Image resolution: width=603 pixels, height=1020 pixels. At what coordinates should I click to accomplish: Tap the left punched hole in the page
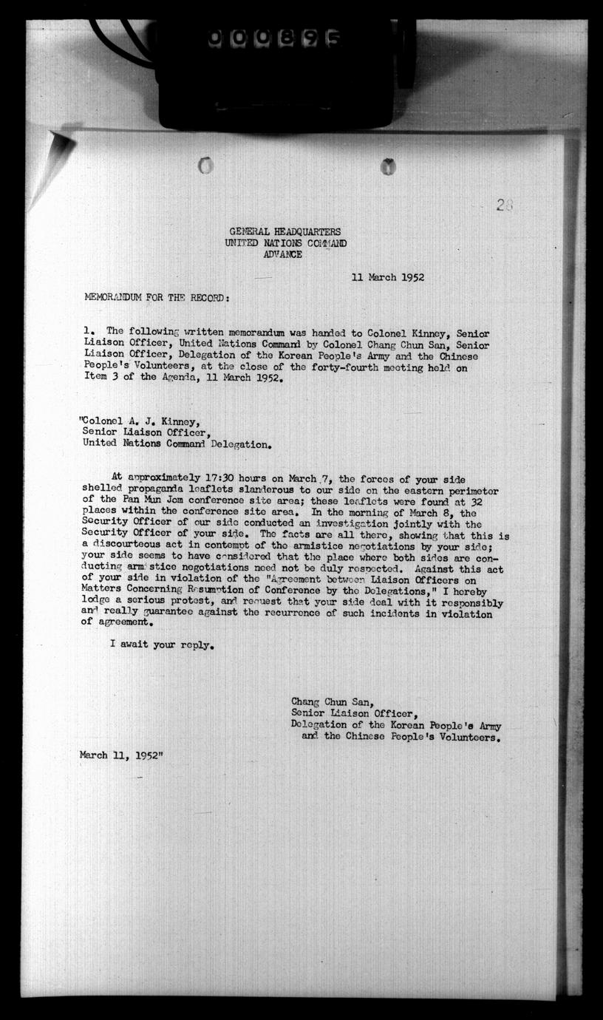pyautogui.click(x=206, y=166)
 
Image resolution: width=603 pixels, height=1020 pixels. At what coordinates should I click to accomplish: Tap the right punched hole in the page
pyautogui.click(x=388, y=167)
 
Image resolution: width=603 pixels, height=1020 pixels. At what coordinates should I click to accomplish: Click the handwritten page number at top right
pyautogui.click(x=505, y=206)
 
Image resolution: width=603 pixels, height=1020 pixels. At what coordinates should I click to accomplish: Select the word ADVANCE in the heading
pyautogui.click(x=282, y=254)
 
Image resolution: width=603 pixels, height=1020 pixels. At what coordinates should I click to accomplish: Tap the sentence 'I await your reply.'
pyautogui.click(x=162, y=645)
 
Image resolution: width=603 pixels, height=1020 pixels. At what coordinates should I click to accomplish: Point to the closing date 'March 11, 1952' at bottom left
pyautogui.click(x=122, y=755)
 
